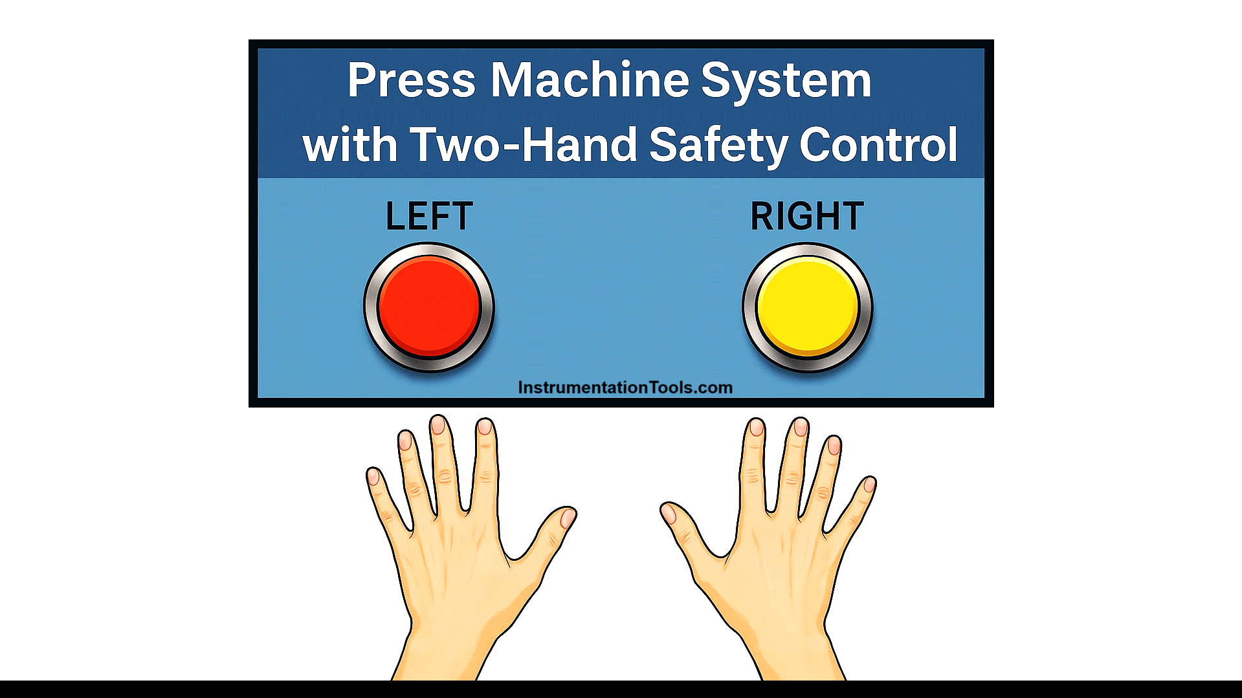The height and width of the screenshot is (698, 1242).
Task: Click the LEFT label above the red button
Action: click(429, 216)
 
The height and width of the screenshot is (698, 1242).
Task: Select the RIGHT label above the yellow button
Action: click(806, 216)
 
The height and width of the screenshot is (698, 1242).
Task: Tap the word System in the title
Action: click(786, 82)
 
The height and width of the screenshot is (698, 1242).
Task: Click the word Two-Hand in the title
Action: click(524, 145)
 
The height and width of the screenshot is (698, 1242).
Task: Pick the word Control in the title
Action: click(878, 145)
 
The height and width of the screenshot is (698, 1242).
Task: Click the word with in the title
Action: click(349, 145)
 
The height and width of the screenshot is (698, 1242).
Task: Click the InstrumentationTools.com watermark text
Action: click(625, 387)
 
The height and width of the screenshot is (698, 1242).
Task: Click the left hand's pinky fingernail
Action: click(373, 477)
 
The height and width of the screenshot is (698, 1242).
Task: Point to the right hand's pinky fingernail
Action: click(869, 485)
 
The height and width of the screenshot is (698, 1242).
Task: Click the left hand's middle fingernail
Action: click(438, 425)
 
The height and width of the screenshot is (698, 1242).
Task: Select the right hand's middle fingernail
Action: click(801, 427)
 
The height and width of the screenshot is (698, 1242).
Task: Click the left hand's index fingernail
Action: click(485, 427)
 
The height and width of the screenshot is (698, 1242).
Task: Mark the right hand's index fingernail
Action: click(756, 427)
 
